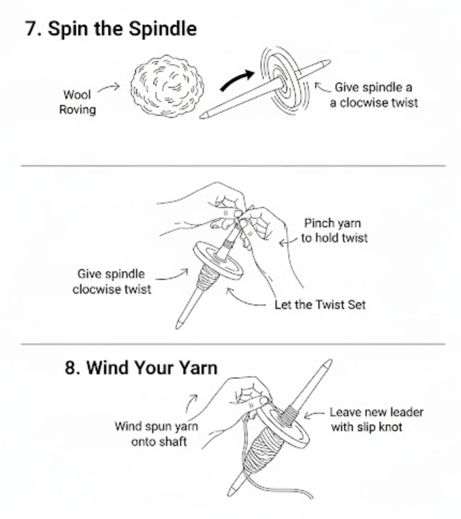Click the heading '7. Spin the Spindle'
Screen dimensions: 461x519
(x=111, y=28)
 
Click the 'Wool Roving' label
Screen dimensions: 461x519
(x=77, y=102)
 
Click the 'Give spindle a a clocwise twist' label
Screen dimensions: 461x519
(x=373, y=94)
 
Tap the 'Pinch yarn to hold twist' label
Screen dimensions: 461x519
(x=334, y=230)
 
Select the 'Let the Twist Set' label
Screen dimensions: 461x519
(x=319, y=305)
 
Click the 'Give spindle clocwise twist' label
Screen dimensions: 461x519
(x=111, y=281)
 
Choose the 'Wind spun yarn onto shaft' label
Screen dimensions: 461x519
(x=156, y=434)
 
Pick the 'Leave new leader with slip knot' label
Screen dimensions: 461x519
(x=376, y=419)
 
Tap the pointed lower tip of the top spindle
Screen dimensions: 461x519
(x=204, y=115)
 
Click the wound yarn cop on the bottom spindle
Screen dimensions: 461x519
(x=266, y=450)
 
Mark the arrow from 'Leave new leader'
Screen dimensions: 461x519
(x=315, y=413)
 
